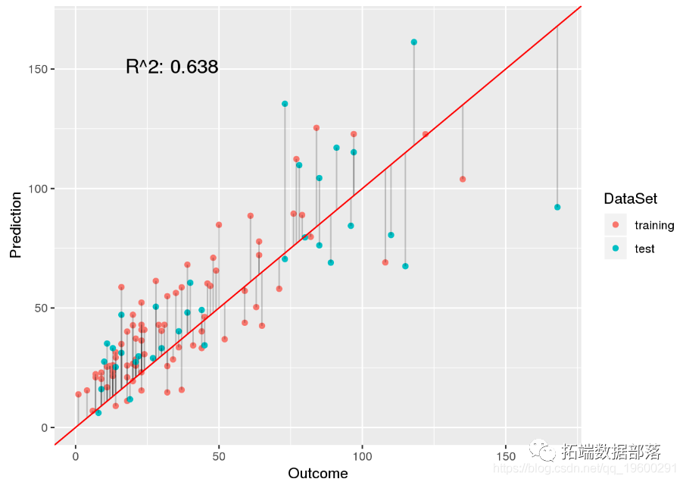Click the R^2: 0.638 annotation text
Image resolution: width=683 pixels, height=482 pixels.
click(172, 67)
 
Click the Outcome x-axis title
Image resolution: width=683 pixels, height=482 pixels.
click(317, 474)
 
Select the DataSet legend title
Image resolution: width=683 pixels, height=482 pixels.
click(630, 199)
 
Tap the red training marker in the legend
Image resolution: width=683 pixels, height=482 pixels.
click(615, 225)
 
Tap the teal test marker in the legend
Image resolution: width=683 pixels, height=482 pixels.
click(615, 249)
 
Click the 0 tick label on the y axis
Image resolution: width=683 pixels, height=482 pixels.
click(43, 427)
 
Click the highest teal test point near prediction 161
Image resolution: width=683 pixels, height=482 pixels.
click(413, 42)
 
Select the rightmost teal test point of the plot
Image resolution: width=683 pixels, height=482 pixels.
click(557, 207)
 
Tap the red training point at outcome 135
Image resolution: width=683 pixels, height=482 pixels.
click(463, 179)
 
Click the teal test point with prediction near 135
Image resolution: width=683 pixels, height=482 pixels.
click(285, 104)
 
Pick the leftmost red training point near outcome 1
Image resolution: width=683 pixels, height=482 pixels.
click(78, 394)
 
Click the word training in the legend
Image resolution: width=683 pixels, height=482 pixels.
click(654, 225)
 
